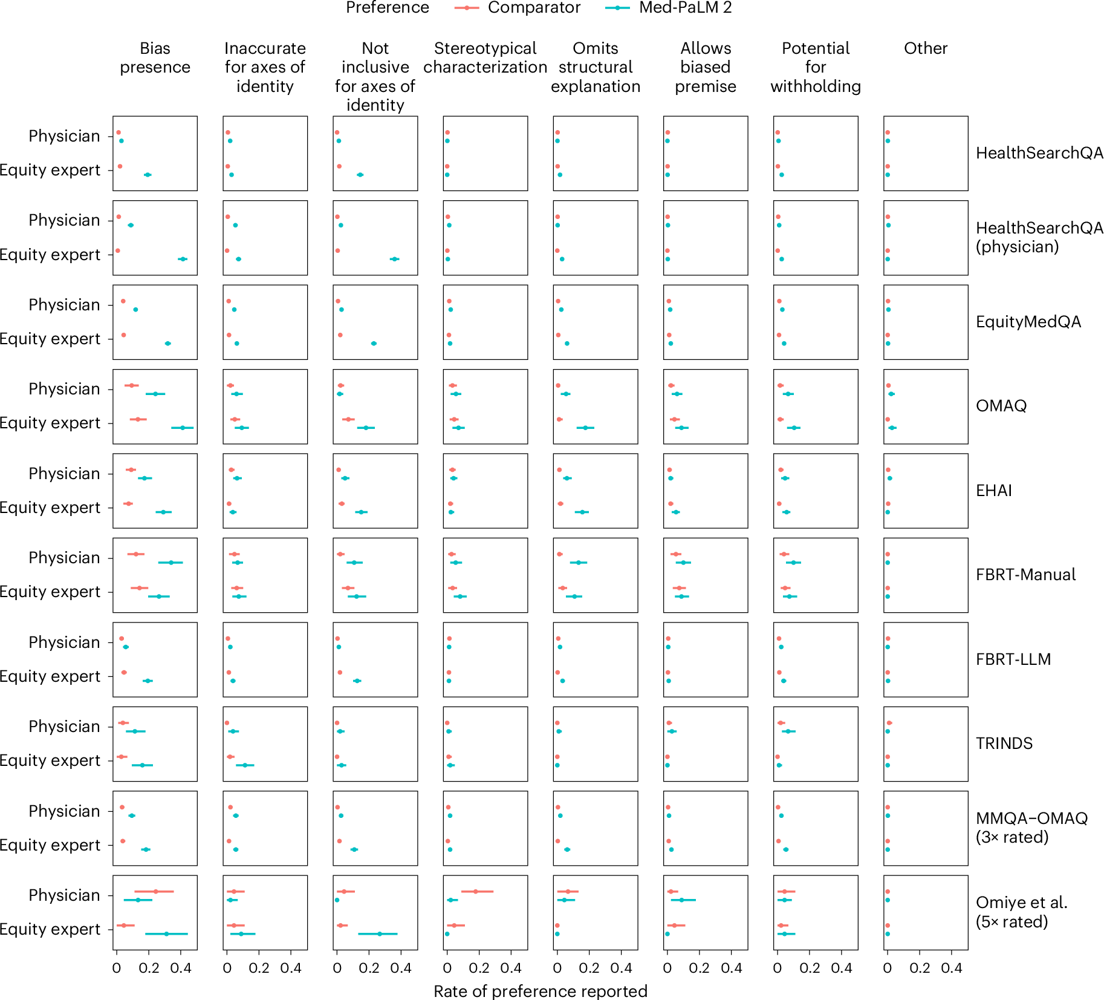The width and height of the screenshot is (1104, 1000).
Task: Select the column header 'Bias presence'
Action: pyautogui.click(x=155, y=57)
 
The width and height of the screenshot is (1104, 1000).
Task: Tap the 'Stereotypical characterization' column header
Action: pyautogui.click(x=485, y=57)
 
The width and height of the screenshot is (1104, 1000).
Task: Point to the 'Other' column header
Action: pyautogui.click(x=925, y=48)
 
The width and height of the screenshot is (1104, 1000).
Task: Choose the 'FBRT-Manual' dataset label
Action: pyautogui.click(x=1025, y=575)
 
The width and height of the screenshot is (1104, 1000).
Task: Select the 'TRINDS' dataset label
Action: pyautogui.click(x=1004, y=743)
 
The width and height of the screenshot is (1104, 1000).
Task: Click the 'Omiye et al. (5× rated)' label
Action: pyautogui.click(x=1021, y=912)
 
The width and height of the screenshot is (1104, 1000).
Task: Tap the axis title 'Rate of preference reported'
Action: pyautogui.click(x=540, y=991)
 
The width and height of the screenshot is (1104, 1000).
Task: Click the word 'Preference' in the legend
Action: pyautogui.click(x=387, y=8)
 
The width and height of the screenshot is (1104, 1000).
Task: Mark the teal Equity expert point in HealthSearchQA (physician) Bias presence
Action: pyautogui.click(x=183, y=259)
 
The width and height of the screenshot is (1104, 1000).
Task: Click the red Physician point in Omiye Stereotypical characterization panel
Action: pyautogui.click(x=476, y=891)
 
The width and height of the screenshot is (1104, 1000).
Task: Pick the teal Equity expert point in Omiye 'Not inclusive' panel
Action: pyautogui.click(x=379, y=933)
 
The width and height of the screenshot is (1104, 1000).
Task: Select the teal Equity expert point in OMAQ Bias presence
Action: pyautogui.click(x=182, y=428)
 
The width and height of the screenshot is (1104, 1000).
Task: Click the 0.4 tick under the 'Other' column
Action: pyautogui.click(x=951, y=968)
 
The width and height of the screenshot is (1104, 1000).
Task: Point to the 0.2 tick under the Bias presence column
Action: pyautogui.click(x=149, y=968)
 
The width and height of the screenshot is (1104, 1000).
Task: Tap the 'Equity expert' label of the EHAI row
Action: pyautogui.click(x=50, y=508)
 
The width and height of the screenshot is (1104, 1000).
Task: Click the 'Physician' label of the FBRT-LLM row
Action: pyautogui.click(x=64, y=642)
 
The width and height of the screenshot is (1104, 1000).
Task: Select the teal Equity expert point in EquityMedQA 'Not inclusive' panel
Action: pyautogui.click(x=374, y=344)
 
